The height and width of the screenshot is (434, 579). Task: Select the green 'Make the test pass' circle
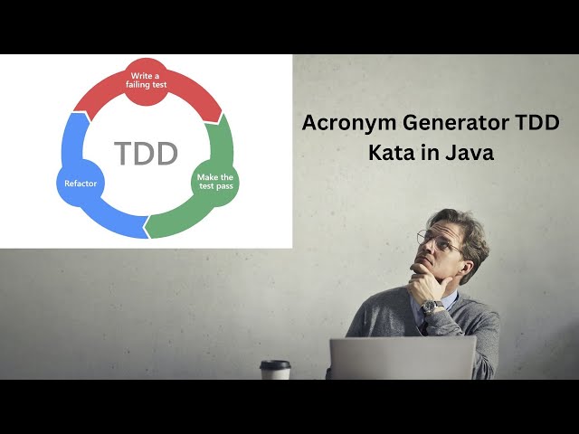coord(215,183)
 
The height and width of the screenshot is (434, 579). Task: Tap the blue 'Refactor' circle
coord(81,184)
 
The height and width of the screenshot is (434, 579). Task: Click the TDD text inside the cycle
coord(146,153)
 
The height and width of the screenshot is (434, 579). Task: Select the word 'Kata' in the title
coord(391,153)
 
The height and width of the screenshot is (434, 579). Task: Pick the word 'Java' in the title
coord(470,153)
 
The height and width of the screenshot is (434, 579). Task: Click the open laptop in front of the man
coord(403,358)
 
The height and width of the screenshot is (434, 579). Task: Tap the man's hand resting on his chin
coord(423,285)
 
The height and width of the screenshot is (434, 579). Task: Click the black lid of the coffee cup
coord(275,363)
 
